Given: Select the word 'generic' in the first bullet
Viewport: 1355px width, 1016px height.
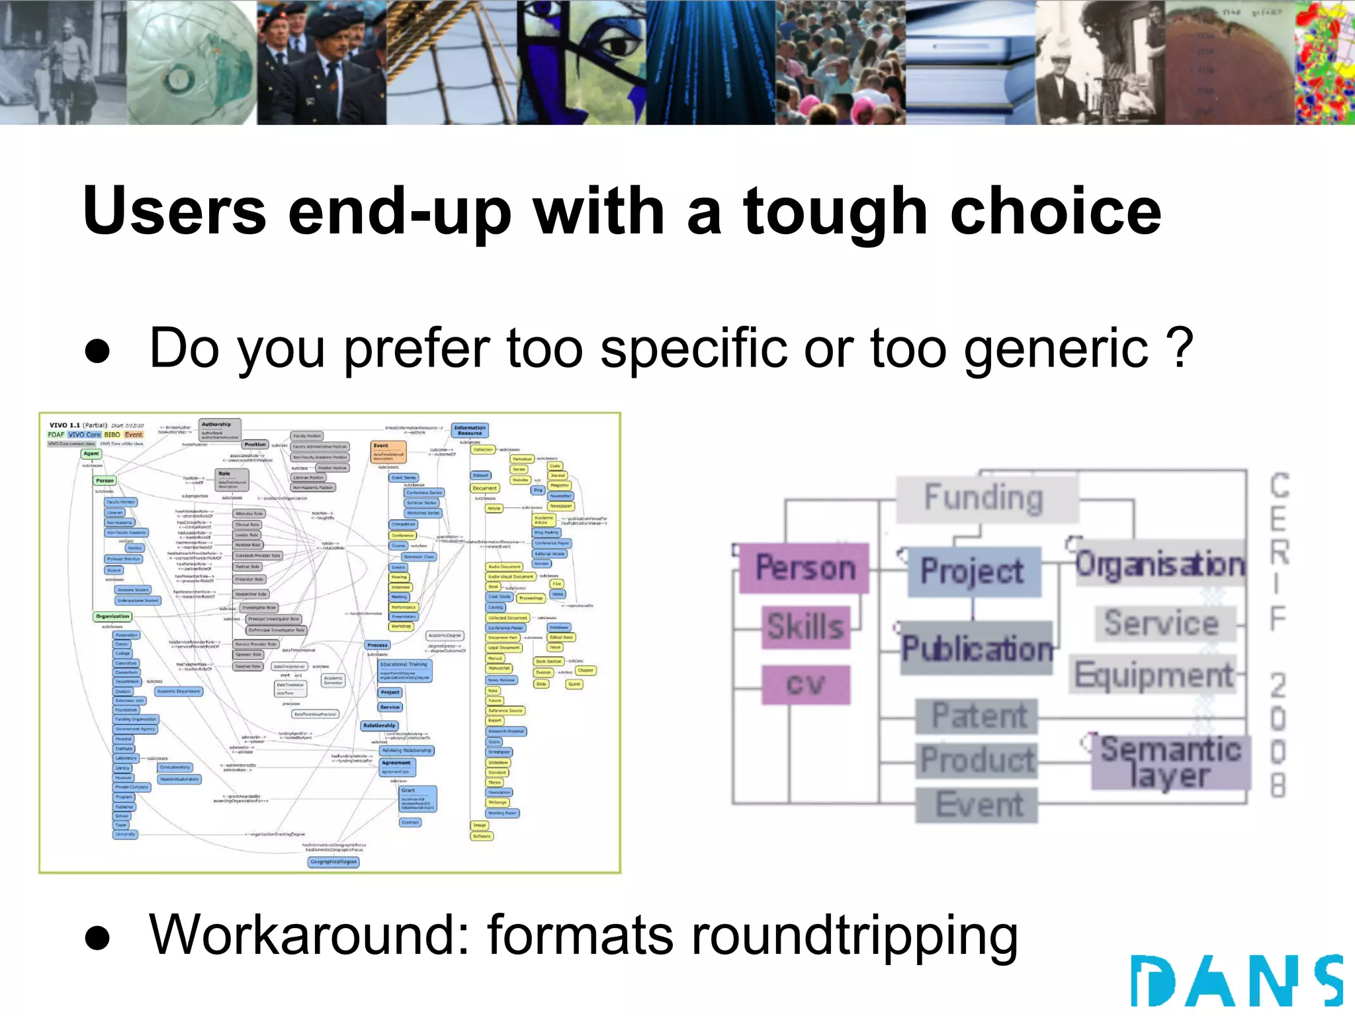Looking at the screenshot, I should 1056,349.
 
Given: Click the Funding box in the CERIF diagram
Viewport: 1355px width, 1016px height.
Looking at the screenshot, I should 984,498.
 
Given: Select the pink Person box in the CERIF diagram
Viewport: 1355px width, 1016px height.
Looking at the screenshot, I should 805,568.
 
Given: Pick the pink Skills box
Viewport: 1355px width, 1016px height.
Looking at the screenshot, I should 805,626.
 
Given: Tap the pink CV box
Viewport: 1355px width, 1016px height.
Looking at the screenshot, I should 805,685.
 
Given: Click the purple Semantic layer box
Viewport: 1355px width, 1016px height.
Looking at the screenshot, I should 1170,762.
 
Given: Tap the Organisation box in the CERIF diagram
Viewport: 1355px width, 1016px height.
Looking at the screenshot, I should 1159,564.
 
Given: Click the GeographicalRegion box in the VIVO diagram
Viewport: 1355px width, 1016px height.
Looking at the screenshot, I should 334,862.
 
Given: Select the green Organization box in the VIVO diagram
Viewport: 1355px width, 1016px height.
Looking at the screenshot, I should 112,616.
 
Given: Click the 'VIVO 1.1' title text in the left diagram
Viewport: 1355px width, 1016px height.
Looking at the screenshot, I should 65,425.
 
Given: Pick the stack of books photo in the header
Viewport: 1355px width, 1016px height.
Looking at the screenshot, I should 970,62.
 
